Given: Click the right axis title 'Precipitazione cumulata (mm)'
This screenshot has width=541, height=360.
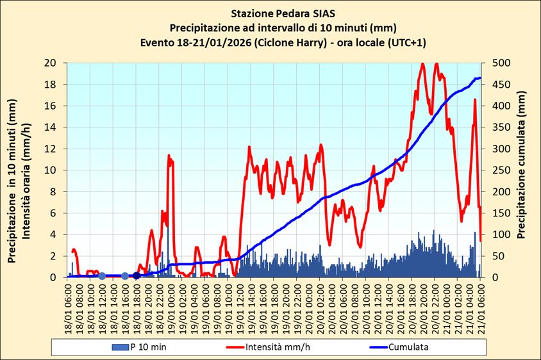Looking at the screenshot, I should click(522, 170).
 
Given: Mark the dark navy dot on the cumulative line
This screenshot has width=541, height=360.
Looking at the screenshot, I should click(137, 275).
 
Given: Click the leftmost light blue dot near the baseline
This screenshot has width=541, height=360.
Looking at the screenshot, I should click(102, 276).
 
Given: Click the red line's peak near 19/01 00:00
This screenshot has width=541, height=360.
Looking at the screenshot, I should click(169, 156).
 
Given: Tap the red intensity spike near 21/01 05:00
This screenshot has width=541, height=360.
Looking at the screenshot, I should click(475, 100).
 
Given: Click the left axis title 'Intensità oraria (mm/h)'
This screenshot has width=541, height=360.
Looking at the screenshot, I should click(27, 170).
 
